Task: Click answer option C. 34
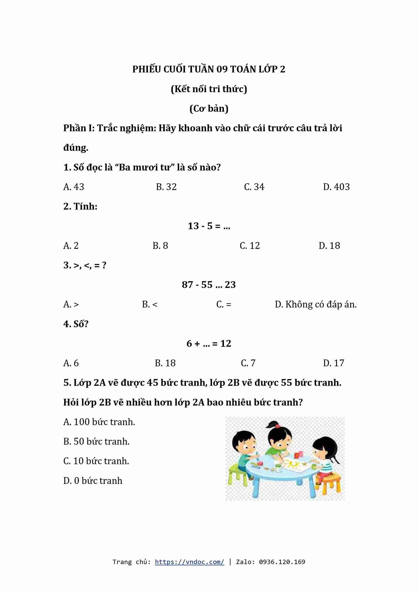(254, 187)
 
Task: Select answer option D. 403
(336, 187)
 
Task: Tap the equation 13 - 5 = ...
(209, 226)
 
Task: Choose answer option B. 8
(160, 245)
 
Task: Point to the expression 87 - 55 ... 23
(209, 285)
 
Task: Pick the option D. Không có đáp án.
(316, 304)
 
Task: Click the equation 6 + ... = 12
(209, 343)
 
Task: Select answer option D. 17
(333, 363)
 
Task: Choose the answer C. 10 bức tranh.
(96, 461)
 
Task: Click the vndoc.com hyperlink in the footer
(189, 562)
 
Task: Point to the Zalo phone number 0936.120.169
(282, 562)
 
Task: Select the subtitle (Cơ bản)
(209, 108)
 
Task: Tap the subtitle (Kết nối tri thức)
(209, 89)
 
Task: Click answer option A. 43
(74, 187)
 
